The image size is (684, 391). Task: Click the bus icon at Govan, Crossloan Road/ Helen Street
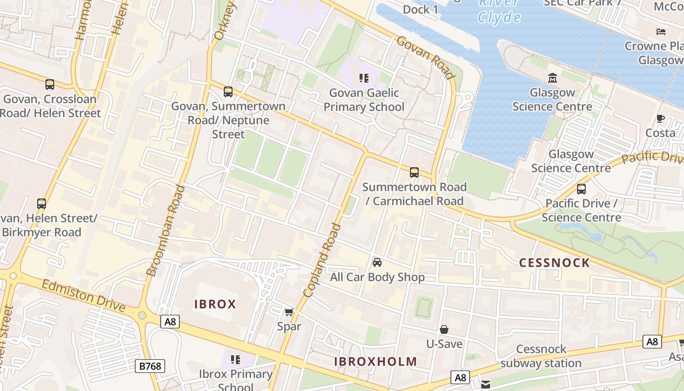click(49, 85)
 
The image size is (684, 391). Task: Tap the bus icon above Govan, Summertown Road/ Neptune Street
click(228, 91)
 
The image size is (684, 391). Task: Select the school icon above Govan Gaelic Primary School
click(363, 78)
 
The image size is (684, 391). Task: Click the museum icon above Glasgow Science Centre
click(553, 78)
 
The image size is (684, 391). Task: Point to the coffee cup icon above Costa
click(660, 118)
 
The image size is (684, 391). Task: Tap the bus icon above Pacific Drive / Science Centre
click(581, 189)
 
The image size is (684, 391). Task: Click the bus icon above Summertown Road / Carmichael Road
click(414, 172)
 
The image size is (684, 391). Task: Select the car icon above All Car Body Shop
click(377, 262)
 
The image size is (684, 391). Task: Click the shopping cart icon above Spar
click(289, 312)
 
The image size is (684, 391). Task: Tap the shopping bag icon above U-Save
click(444, 329)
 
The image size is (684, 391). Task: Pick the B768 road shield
click(150, 366)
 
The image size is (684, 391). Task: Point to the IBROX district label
click(215, 304)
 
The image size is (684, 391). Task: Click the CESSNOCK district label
click(554, 263)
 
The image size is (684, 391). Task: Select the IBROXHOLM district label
click(375, 362)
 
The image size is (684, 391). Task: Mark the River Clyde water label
click(499, 11)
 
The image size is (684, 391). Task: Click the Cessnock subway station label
click(541, 356)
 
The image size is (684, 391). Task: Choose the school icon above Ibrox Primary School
click(235, 360)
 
